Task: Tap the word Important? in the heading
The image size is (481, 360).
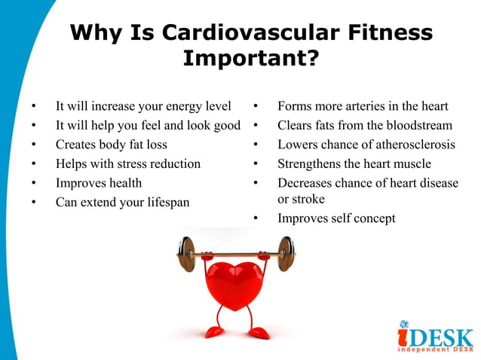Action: [x=250, y=59]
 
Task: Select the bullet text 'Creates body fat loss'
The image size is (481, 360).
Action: [x=112, y=144]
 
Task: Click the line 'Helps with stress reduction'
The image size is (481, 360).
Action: [x=128, y=163]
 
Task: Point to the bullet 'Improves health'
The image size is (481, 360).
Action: [x=99, y=182]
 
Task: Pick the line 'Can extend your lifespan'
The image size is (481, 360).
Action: [x=122, y=202]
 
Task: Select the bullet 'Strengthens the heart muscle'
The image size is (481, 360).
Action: [x=354, y=163]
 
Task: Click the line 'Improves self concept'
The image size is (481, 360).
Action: [x=336, y=218]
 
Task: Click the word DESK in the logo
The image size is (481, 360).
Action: [x=445, y=337]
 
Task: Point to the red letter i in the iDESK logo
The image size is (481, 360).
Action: [x=406, y=335]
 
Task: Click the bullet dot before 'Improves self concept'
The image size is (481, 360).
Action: [x=256, y=219]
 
